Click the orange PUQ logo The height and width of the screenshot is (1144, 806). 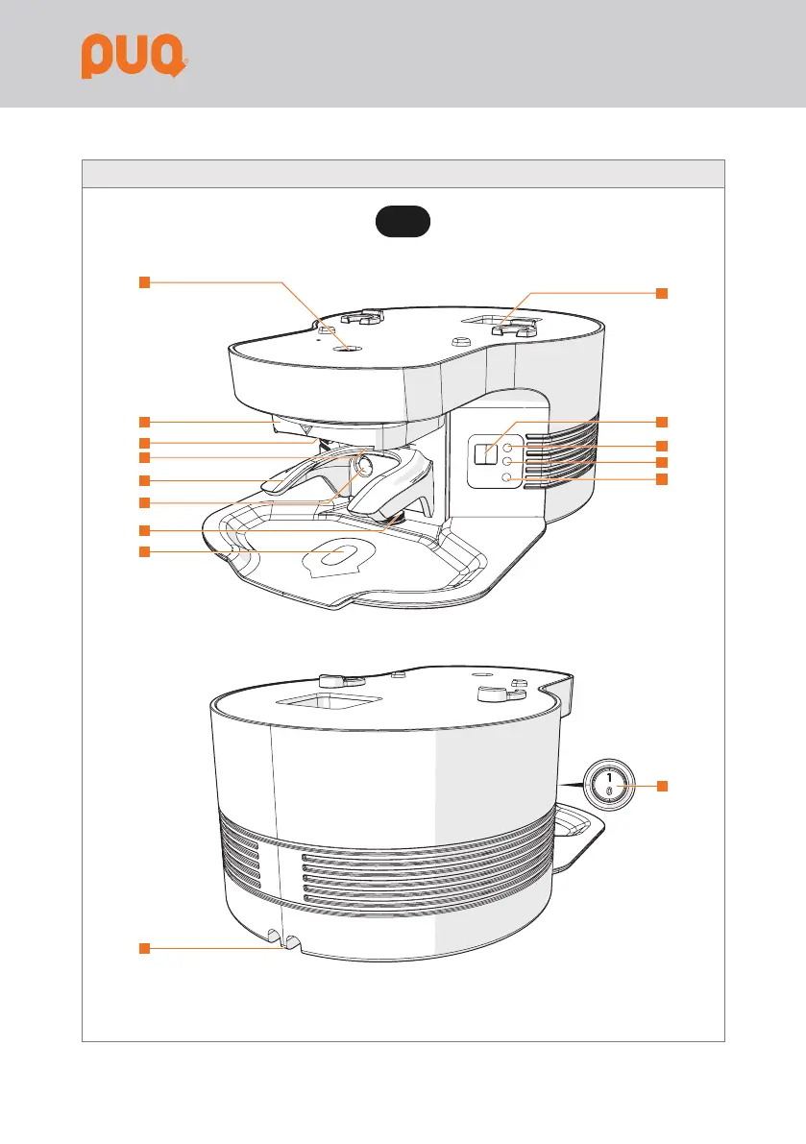point(132,57)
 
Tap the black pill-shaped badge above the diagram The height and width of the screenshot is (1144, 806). point(403,221)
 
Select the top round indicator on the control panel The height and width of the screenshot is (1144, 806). point(507,448)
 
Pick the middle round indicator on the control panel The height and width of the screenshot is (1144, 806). point(507,463)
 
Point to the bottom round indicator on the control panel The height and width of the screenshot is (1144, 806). point(507,478)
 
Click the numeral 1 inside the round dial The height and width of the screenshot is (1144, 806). point(608,778)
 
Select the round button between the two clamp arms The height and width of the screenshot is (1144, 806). point(365,467)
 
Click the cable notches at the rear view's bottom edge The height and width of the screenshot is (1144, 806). point(283,943)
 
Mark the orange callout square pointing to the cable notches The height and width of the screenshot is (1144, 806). point(144,949)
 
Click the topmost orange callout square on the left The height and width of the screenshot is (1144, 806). point(144,281)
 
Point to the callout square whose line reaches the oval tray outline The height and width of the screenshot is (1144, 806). point(144,551)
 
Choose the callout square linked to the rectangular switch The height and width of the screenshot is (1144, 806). point(662,422)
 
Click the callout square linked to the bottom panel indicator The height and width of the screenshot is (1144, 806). point(662,478)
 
